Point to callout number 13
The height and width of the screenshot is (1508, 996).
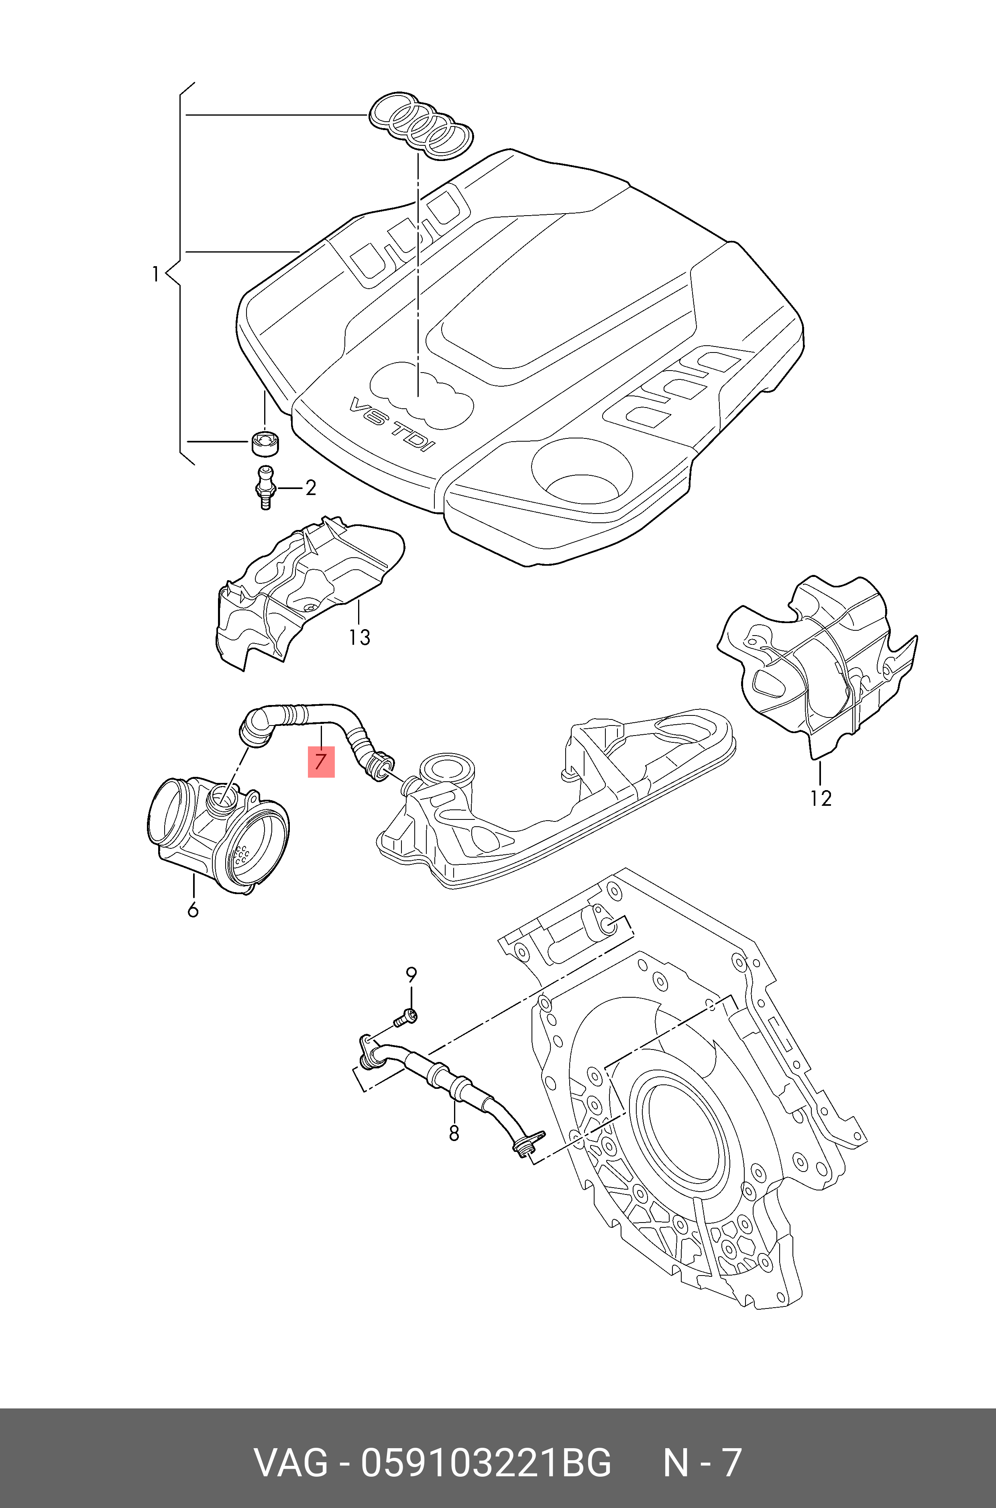click(x=360, y=637)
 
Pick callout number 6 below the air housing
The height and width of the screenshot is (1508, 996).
click(x=193, y=910)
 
